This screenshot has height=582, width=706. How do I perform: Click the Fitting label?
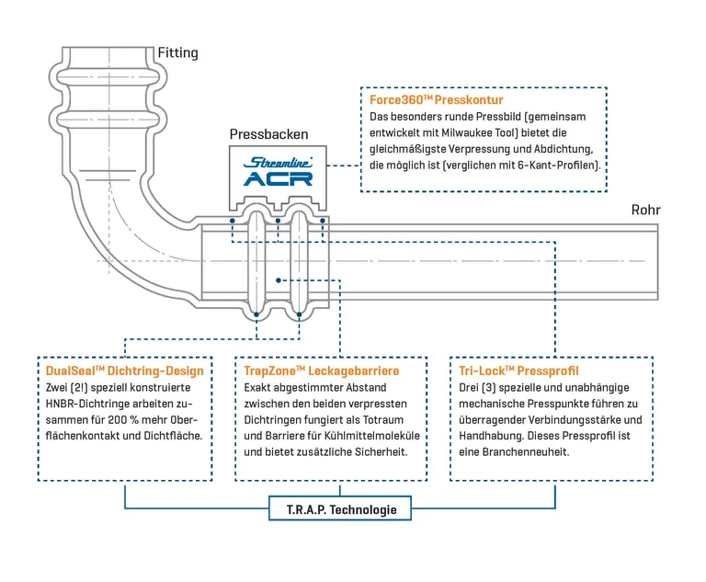pyautogui.click(x=177, y=52)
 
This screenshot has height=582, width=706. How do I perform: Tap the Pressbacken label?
pyautogui.click(x=268, y=134)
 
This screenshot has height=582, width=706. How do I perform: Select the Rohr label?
pyautogui.click(x=645, y=210)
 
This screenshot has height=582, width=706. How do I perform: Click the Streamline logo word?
pyautogui.click(x=278, y=163)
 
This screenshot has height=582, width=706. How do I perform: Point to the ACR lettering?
pyautogui.click(x=278, y=178)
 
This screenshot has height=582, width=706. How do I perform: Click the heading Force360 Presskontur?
pyautogui.click(x=437, y=99)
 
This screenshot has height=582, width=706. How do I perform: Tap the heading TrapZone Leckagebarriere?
pyautogui.click(x=321, y=371)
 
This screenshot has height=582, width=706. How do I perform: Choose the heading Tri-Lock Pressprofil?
pyautogui.click(x=518, y=371)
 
